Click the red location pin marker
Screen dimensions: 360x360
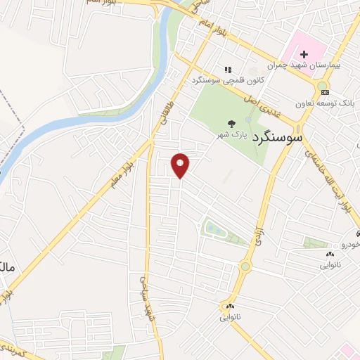click(x=180, y=165)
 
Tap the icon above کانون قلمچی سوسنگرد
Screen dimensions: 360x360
click(x=227, y=70)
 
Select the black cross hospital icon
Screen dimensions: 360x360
click(x=304, y=54)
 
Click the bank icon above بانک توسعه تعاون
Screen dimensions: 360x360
click(x=323, y=91)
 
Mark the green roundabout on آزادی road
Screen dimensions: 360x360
click(x=245, y=266)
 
